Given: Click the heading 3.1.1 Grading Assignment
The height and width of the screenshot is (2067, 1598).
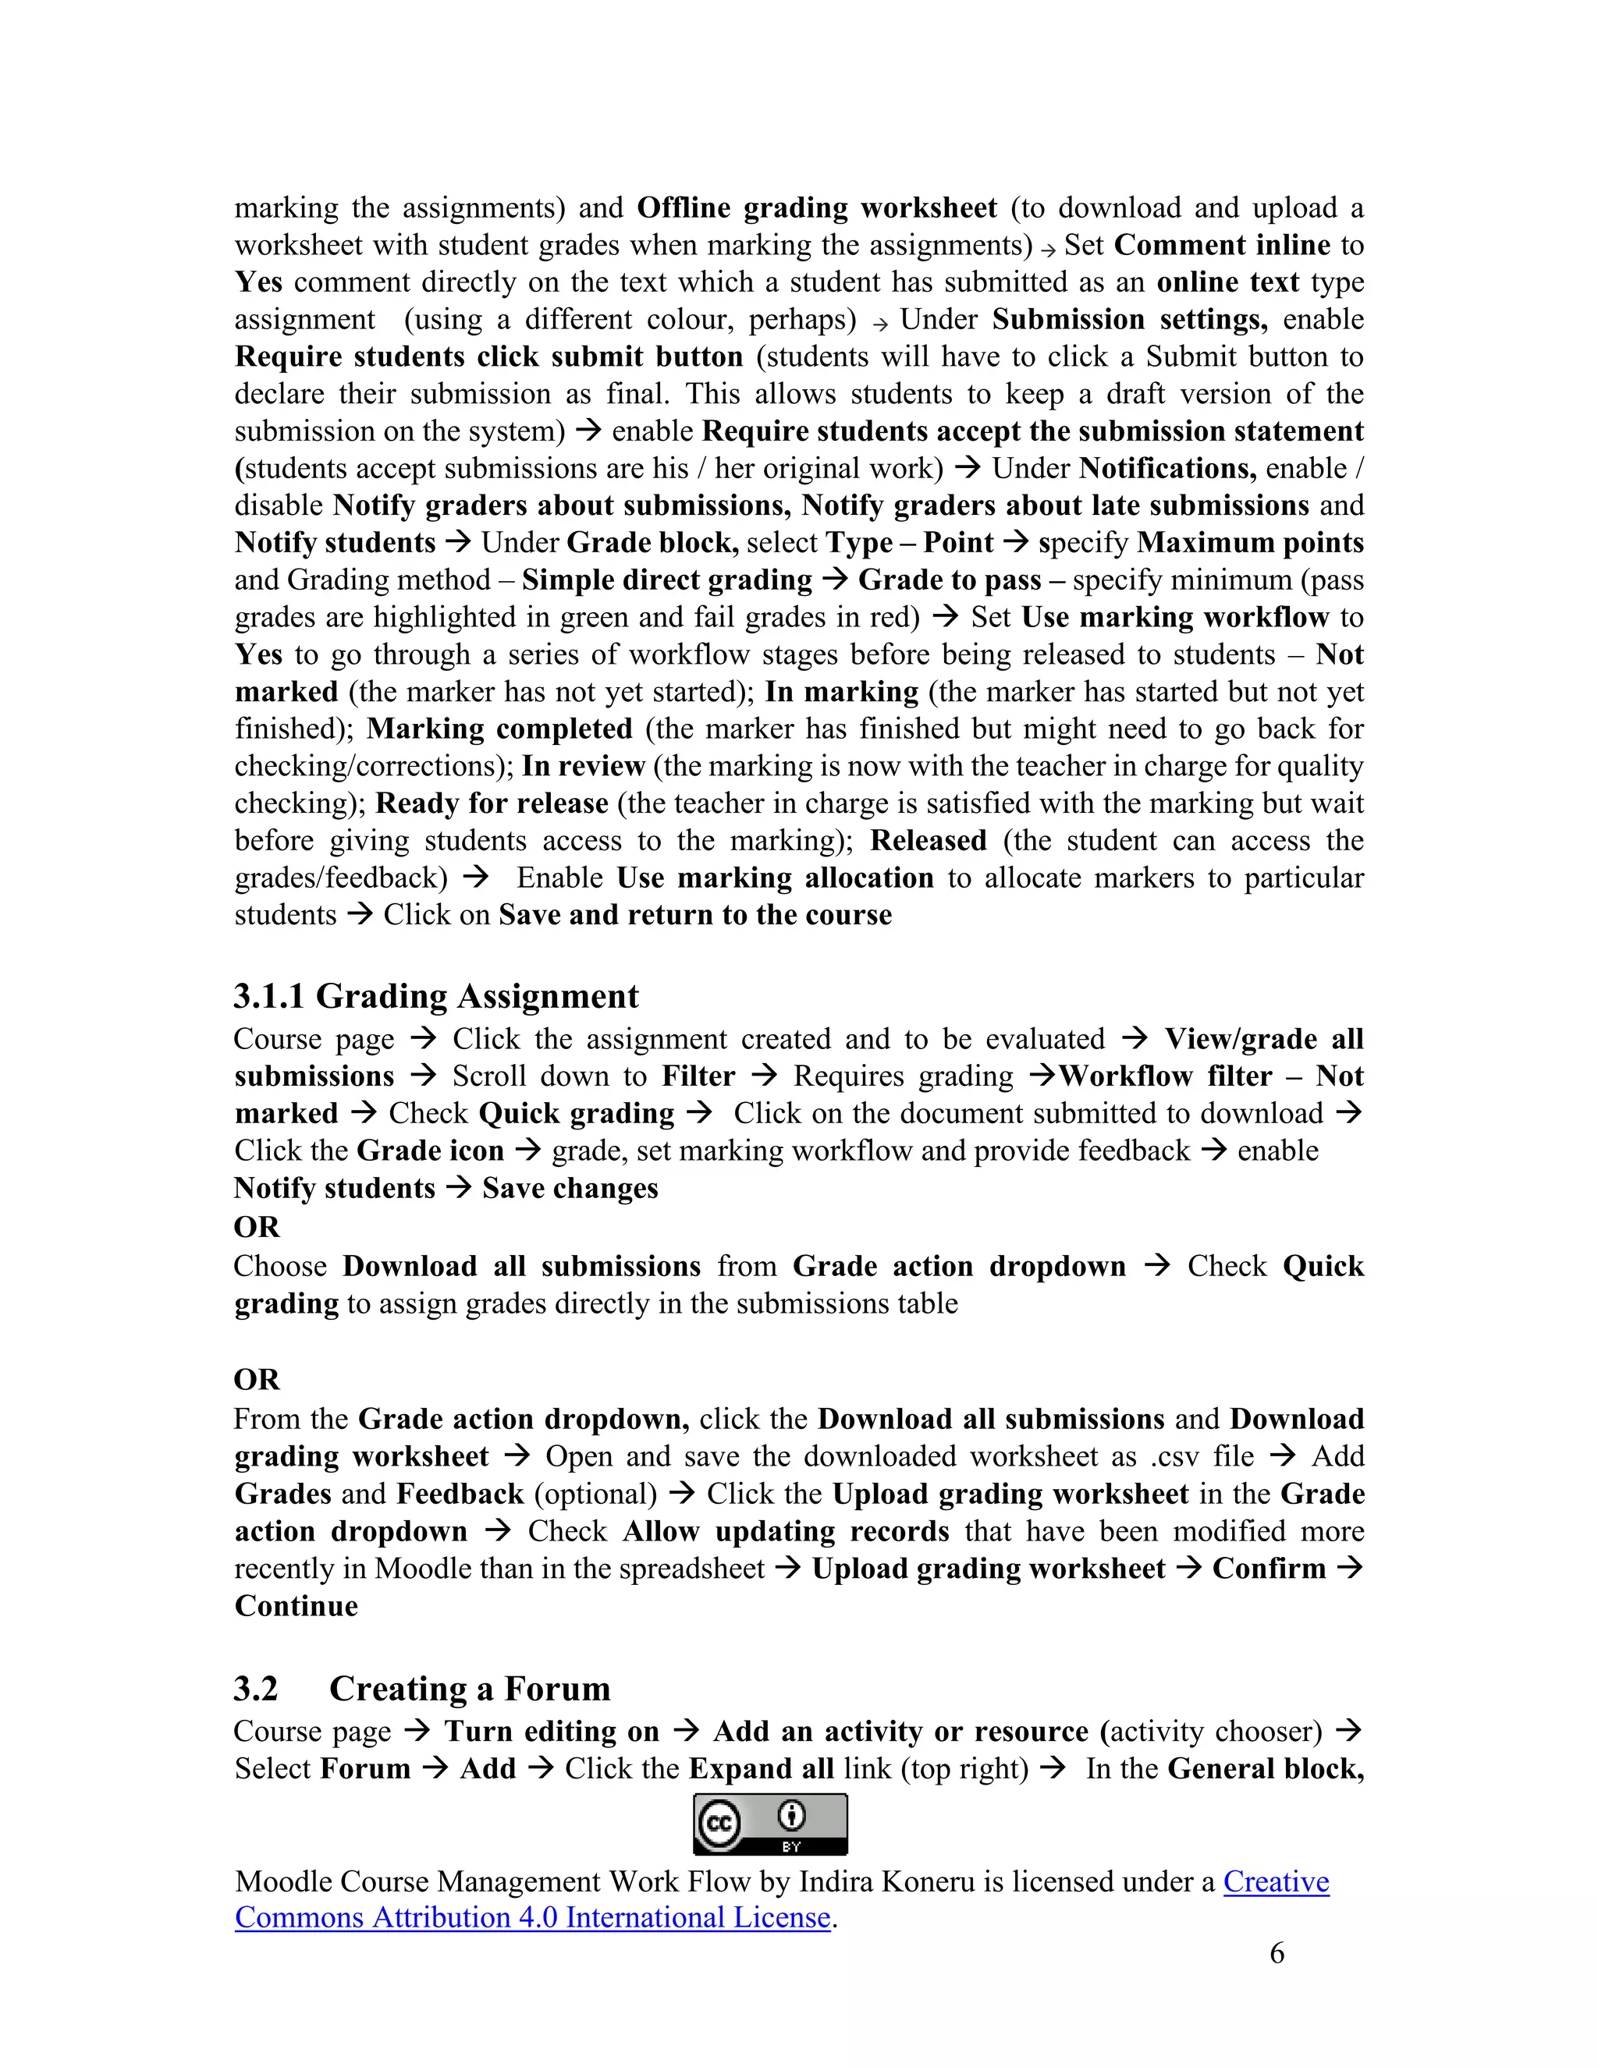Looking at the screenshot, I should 435,997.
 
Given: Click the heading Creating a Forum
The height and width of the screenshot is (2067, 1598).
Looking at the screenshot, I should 470,1689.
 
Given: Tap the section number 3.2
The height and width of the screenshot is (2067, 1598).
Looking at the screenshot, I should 256,1689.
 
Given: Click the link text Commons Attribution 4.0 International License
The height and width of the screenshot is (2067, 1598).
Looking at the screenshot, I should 532,1916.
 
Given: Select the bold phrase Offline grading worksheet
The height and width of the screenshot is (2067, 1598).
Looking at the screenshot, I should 816,207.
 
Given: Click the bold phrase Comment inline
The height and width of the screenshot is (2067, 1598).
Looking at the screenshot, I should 1222,245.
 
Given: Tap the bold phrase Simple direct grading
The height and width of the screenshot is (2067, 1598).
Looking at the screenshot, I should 666,580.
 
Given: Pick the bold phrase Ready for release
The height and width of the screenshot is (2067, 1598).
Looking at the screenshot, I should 492,803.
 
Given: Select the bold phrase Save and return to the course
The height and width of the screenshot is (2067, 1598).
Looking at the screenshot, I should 695,914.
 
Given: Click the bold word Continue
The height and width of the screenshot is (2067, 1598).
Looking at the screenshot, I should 297,1605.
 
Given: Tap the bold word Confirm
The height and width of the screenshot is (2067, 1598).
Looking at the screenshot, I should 1269,1569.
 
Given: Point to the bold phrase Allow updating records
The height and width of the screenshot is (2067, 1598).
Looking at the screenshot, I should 785,1530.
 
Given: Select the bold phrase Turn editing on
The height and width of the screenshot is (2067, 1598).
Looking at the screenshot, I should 552,1731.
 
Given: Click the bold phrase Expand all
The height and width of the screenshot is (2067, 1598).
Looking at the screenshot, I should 761,1768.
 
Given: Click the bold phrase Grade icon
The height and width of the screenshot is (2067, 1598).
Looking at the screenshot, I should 430,1150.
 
